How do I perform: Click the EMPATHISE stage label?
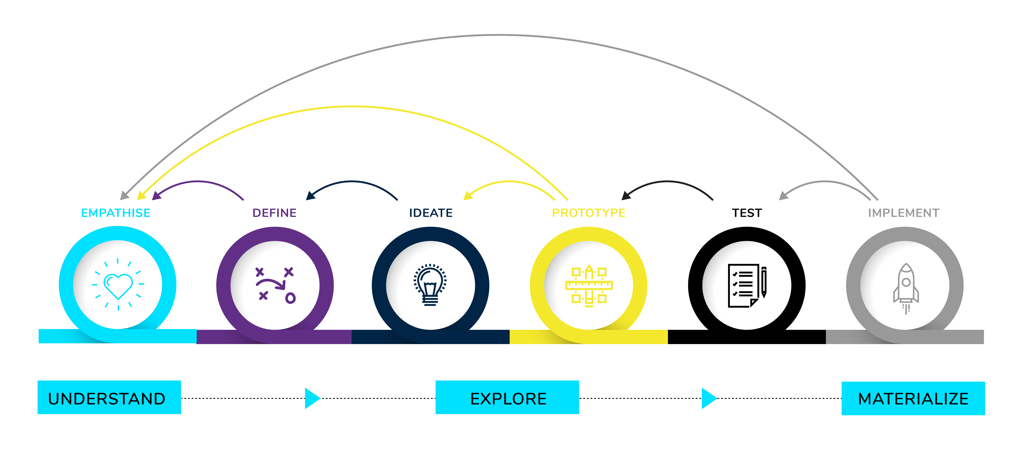click(x=116, y=213)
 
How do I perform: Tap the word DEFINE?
click(x=274, y=213)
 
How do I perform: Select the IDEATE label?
click(x=431, y=213)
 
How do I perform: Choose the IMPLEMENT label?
click(x=904, y=213)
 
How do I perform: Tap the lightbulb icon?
click(x=430, y=285)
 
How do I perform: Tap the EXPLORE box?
click(x=507, y=397)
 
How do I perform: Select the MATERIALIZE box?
click(x=913, y=398)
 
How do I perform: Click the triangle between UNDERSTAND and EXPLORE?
click(x=312, y=398)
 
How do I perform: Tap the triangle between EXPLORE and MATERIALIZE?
click(x=709, y=398)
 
